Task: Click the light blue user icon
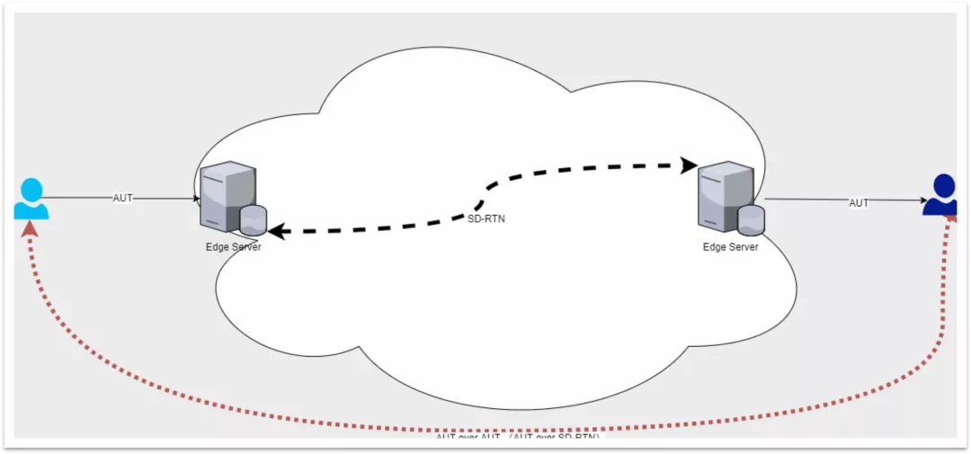(31, 200)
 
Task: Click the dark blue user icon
(940, 195)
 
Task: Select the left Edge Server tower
(225, 192)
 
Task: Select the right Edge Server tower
(725, 192)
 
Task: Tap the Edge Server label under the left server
(233, 247)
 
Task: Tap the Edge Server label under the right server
(730, 247)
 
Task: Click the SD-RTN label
(486, 218)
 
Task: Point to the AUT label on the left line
(123, 198)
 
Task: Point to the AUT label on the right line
(859, 203)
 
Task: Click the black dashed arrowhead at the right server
(690, 165)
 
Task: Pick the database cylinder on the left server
(254, 218)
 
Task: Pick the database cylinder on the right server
(751, 218)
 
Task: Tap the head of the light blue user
(31, 190)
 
